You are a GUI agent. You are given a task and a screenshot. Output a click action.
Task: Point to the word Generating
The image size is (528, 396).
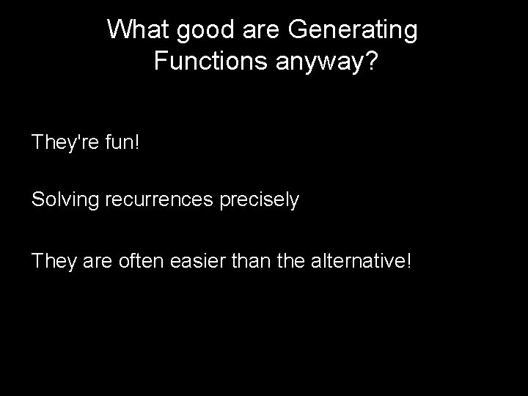pos(354,30)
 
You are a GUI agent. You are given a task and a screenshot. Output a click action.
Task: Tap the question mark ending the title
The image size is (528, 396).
pos(372,61)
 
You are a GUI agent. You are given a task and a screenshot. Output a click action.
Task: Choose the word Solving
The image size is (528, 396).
pos(66,199)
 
